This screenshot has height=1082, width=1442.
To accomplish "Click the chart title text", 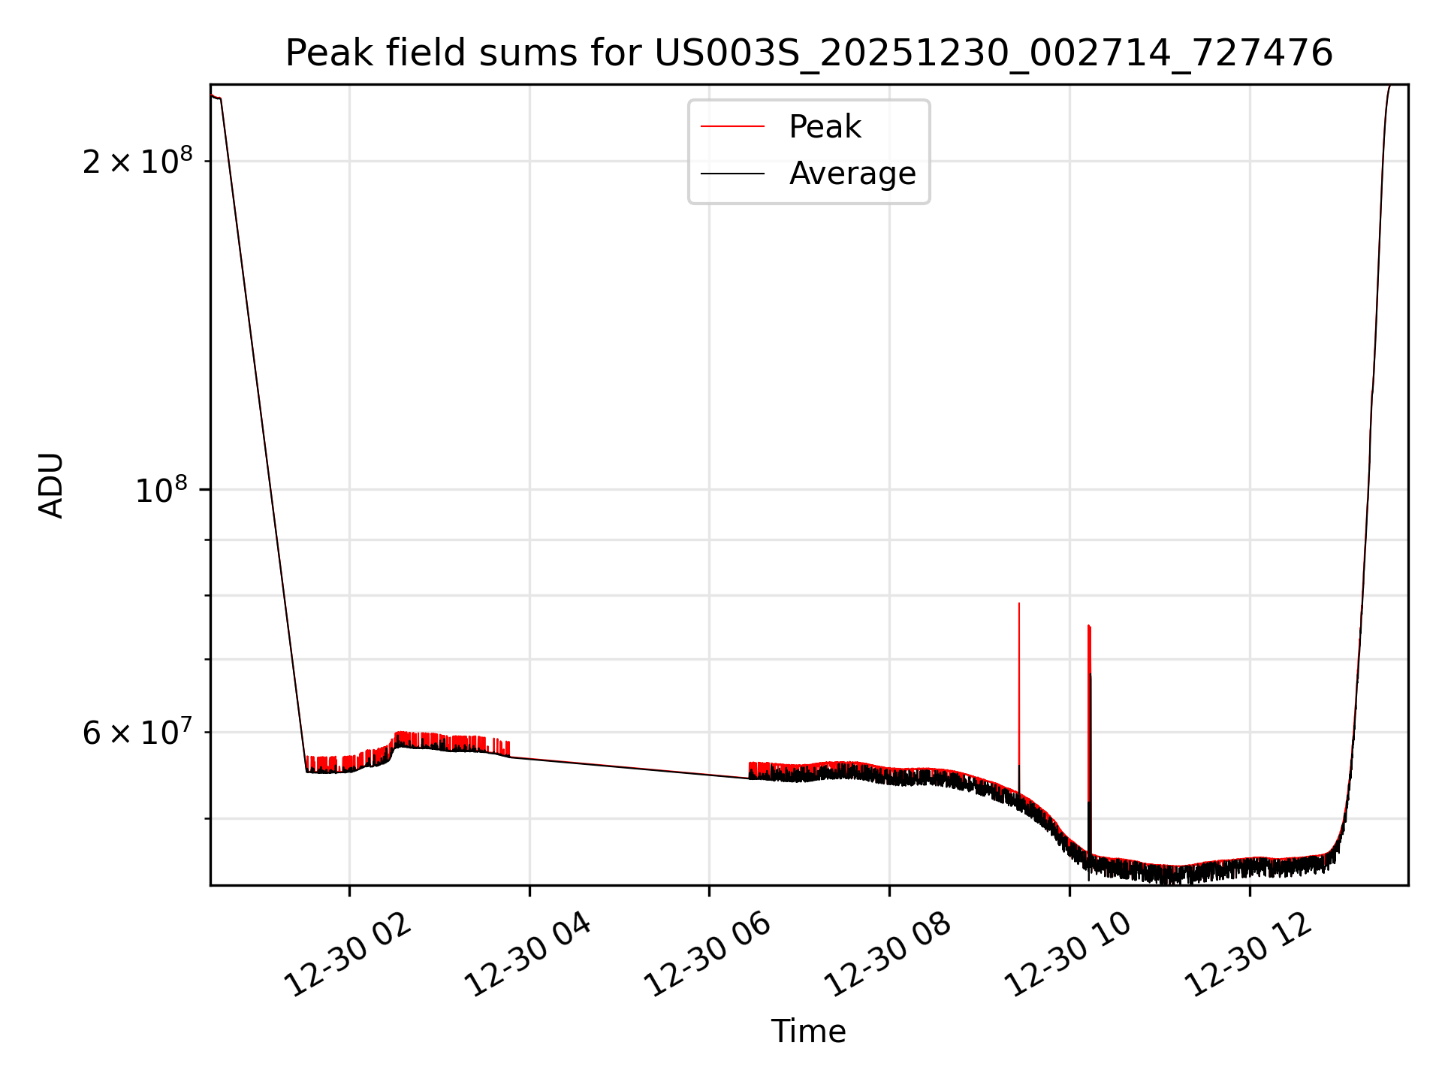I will click(x=809, y=53).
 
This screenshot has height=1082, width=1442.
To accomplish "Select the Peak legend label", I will click(x=825, y=127).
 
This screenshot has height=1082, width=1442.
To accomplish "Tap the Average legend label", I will click(x=852, y=174).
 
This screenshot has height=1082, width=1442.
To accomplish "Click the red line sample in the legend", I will click(x=732, y=127).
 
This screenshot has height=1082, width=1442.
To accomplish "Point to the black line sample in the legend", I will click(x=732, y=174).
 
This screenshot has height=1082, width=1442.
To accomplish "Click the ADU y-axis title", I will click(x=51, y=485).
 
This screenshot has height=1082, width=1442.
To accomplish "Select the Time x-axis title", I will click(x=808, y=1032).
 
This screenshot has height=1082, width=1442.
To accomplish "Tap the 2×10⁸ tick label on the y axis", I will click(x=137, y=162).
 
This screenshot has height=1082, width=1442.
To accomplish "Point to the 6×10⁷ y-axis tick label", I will click(x=137, y=733).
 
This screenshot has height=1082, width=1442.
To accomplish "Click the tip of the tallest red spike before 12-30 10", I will click(x=1018, y=603).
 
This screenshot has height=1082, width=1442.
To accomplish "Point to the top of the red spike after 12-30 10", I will click(x=1088, y=625).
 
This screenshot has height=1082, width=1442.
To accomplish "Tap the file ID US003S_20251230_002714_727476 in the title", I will click(x=993, y=53).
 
